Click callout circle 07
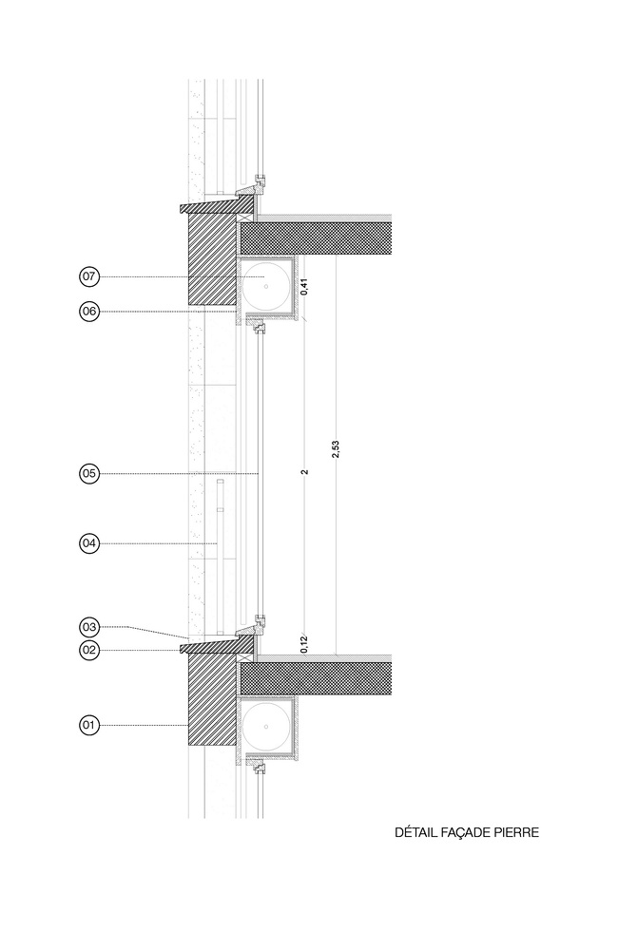pos(89,276)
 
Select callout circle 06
pos(89,312)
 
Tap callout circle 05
pos(89,473)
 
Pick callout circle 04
pos(89,543)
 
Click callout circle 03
pos(89,626)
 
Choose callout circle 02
pos(89,650)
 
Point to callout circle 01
pos(89,725)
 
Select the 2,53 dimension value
pos(336,449)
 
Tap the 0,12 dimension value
pos(304,644)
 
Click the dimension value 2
pos(305,471)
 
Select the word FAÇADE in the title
pos(461,833)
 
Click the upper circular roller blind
pos(265,286)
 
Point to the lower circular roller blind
pos(265,725)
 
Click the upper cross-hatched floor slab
pos(316,238)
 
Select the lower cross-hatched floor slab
pos(316,678)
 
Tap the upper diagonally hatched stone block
pos(212,259)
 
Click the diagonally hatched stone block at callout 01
pos(212,699)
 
